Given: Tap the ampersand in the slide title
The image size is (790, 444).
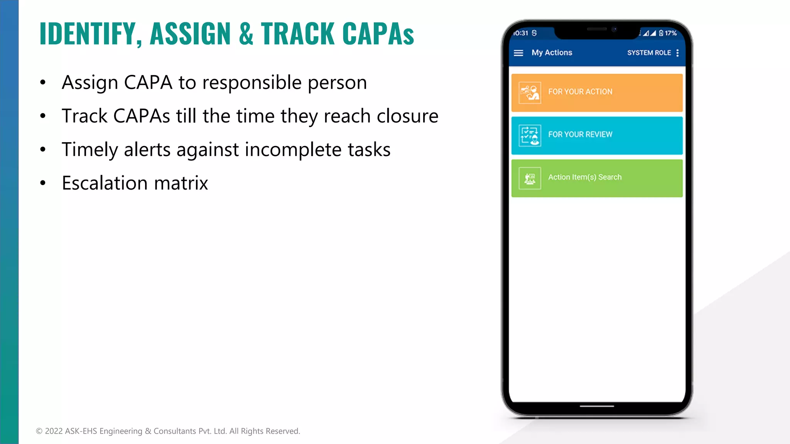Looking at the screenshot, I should pyautogui.click(x=246, y=34).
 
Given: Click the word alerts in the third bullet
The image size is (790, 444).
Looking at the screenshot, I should pyautogui.click(x=147, y=150).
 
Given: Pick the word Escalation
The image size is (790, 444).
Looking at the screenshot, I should pyautogui.click(x=105, y=183).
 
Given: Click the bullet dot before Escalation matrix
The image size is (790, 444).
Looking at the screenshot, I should pyautogui.click(x=43, y=183).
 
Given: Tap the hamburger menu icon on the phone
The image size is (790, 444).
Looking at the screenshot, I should pyautogui.click(x=518, y=53).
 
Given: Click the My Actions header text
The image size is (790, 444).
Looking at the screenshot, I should pyautogui.click(x=552, y=53).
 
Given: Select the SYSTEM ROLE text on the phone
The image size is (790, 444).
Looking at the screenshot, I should pyautogui.click(x=649, y=53).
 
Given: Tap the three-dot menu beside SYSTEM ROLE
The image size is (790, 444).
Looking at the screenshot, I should pyautogui.click(x=677, y=53).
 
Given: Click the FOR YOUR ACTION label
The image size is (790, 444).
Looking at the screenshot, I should pyautogui.click(x=580, y=92).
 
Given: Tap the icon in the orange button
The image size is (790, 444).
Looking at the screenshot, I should pyautogui.click(x=530, y=92).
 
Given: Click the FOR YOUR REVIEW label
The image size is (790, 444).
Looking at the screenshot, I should pyautogui.click(x=580, y=135).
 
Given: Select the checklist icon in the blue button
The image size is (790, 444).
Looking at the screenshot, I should pyautogui.click(x=530, y=135).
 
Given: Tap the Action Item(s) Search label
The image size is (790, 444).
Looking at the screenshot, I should pyautogui.click(x=585, y=177).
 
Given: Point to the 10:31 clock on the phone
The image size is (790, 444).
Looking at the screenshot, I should pyautogui.click(x=520, y=33).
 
